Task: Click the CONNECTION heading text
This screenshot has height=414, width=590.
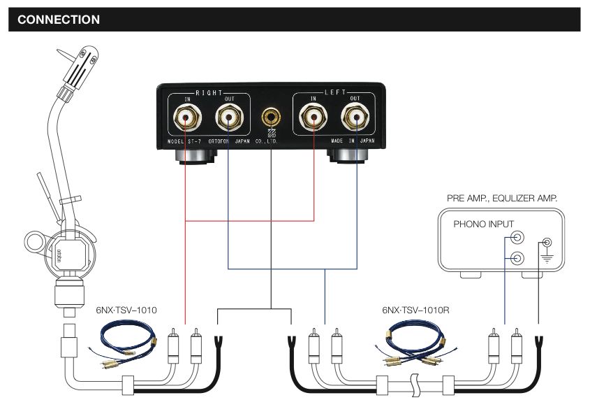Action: coord(59,20)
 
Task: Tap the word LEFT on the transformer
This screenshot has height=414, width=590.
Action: coord(335,92)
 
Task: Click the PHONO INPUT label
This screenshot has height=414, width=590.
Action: coord(483,224)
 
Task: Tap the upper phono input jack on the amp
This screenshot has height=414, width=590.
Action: coord(517,239)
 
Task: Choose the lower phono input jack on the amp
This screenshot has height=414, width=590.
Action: coord(517,259)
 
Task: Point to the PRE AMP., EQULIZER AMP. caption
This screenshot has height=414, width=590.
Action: coord(502,199)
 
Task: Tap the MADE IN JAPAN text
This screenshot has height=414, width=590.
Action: coord(357,141)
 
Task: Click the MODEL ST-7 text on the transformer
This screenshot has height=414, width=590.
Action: coord(184,141)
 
